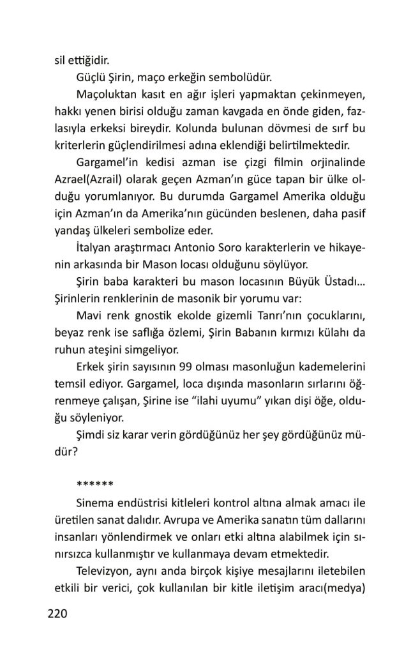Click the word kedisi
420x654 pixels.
pos(163,162)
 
